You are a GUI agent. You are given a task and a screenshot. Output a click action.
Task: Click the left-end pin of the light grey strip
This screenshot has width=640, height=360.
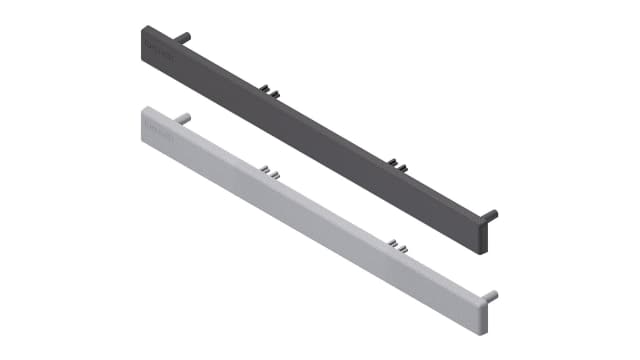click(183, 118)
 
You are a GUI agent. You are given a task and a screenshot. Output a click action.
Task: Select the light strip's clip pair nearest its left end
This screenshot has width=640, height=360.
click(268, 171)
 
